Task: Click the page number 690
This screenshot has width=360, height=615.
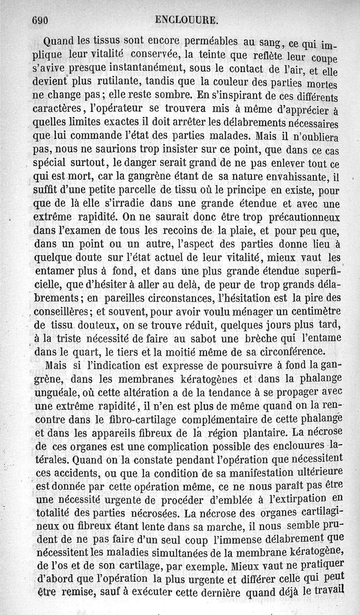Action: (x=40, y=20)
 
